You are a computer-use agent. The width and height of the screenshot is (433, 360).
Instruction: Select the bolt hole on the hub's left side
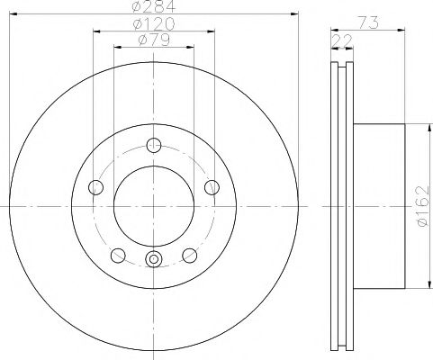tap(95, 187)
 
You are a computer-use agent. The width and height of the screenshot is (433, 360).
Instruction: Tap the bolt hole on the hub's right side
tap(212, 187)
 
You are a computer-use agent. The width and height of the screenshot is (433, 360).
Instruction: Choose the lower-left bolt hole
tap(117, 255)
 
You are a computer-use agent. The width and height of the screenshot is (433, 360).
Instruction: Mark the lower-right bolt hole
tap(189, 255)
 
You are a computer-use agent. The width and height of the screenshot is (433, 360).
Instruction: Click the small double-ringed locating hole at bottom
tap(153, 261)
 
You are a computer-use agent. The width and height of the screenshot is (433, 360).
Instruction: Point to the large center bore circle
tap(153, 206)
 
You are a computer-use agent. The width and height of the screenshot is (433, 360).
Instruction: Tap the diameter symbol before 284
tap(135, 7)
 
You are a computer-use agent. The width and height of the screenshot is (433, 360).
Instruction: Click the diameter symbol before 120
tap(135, 23)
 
